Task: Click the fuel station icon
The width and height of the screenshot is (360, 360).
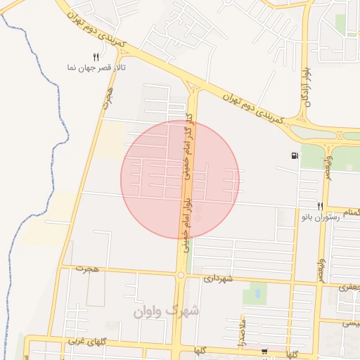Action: (x=293, y=156)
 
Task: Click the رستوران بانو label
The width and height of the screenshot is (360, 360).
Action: (x=320, y=218)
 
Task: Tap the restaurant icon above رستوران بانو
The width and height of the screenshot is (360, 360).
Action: (x=320, y=206)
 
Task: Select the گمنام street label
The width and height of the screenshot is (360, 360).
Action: (x=347, y=212)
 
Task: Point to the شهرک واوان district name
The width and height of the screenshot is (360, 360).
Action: (x=166, y=310)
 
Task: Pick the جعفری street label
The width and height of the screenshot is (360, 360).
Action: (x=349, y=287)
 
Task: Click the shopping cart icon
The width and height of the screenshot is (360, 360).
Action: (x=264, y=351)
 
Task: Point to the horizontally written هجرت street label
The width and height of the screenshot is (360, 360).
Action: (x=89, y=269)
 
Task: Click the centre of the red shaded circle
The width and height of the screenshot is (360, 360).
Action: (x=180, y=179)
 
